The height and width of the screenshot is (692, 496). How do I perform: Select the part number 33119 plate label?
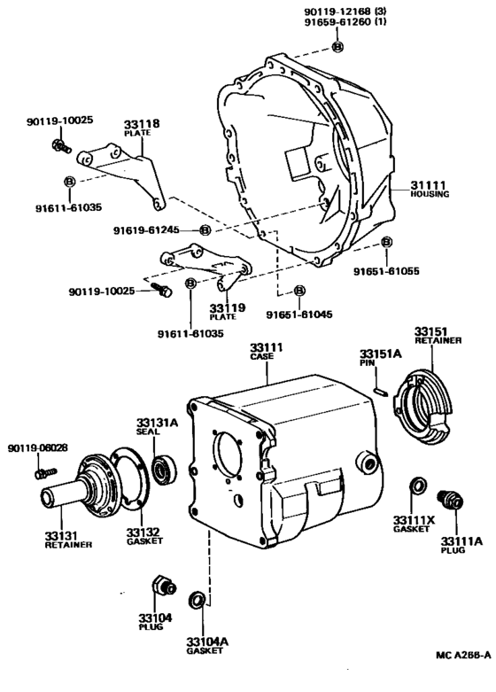point(221,309)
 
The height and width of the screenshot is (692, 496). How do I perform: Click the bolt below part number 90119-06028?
point(38,474)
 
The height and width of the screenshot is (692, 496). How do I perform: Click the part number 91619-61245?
point(145,229)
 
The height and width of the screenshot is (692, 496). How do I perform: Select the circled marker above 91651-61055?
point(386,242)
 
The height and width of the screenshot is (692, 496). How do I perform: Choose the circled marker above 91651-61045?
point(299,291)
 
